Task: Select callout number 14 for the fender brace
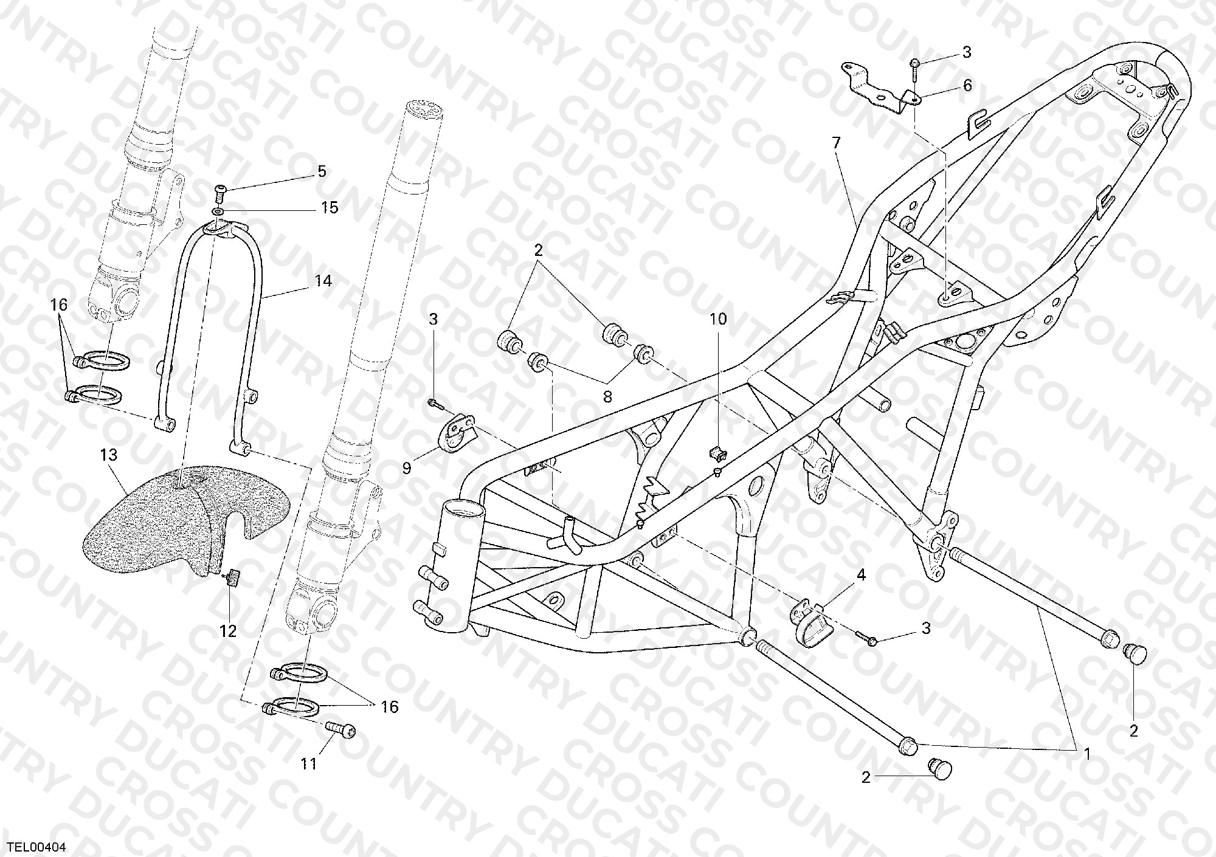[x=323, y=281]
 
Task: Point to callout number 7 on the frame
[x=837, y=143]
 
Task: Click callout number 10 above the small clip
[x=718, y=319]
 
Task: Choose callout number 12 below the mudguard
[x=228, y=632]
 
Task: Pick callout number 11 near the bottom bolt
[x=309, y=763]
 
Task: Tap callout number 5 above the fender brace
[x=322, y=171]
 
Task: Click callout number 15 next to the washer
[x=330, y=208]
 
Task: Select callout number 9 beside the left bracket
[x=407, y=468]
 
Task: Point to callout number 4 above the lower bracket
[x=861, y=575]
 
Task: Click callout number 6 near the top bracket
[x=967, y=85]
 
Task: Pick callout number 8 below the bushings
[x=607, y=397]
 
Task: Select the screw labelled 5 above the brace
[x=220, y=194]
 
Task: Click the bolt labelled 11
[x=340, y=729]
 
